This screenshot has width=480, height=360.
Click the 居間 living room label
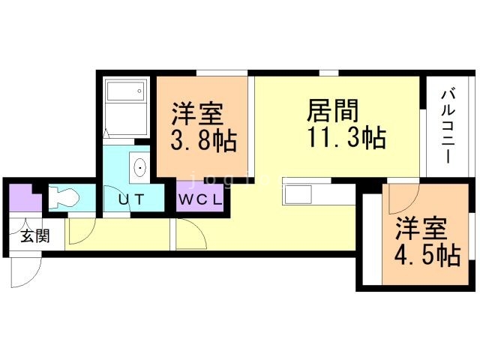[x=332, y=111]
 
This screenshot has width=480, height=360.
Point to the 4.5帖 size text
[x=427, y=255]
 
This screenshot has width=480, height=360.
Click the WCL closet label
[x=200, y=200]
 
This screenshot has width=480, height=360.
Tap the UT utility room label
[x=130, y=200]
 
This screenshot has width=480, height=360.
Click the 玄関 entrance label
[x=35, y=236]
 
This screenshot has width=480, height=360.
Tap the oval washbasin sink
[x=140, y=168]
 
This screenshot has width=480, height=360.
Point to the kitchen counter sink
[x=298, y=195]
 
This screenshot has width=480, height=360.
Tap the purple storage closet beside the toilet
[x=25, y=198]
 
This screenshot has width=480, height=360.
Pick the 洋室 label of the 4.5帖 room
[x=421, y=228]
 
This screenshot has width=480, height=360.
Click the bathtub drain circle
[x=139, y=91]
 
